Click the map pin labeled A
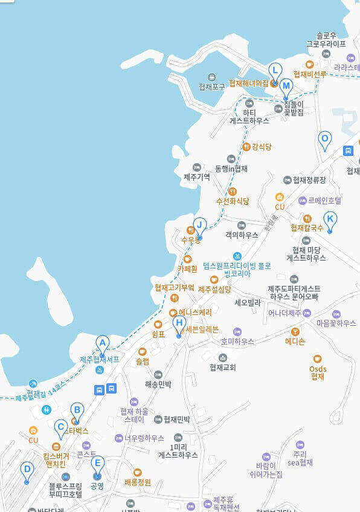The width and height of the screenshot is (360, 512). pos(103,345)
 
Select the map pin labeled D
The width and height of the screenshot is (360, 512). pos(27,471)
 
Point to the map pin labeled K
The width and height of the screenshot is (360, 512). pos(330,221)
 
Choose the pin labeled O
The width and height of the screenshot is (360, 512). pos(325,140)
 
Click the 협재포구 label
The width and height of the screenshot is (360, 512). pos(211,86)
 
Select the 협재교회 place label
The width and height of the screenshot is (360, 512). pos(222,367)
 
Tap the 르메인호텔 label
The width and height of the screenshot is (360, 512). pos(324,200)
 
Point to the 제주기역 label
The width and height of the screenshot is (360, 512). pos(197,177)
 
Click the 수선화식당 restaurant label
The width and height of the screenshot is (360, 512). pos(233,200)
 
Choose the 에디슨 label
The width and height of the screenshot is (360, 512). pos(295,341)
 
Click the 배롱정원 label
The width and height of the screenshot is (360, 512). pos(137,482)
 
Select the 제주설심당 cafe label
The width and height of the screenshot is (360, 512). pos(214,289)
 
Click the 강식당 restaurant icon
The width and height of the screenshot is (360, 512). pos(246,146)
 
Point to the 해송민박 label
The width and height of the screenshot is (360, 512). pos(158,383)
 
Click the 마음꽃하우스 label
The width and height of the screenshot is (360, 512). pos(336,323)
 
